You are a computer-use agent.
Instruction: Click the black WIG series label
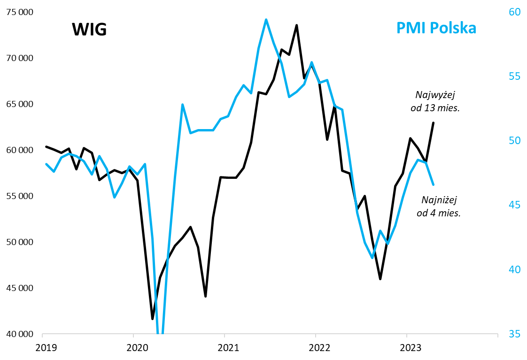[x=89, y=30]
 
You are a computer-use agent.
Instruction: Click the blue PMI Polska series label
[x=436, y=28]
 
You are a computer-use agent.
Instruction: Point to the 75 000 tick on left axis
[x=19, y=12]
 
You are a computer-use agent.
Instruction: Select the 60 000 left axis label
[x=19, y=150]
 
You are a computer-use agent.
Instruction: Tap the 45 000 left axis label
[x=19, y=288]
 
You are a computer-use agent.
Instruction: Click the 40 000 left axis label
[x=19, y=334]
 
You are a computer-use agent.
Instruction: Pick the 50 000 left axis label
[x=19, y=242]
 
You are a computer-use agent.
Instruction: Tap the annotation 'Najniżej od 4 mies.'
[x=439, y=206]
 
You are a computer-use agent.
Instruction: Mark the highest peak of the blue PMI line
[x=266, y=20]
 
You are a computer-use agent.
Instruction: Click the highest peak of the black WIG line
[x=297, y=25]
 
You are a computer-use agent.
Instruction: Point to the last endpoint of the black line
[x=433, y=123]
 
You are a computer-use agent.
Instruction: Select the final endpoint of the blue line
[x=433, y=184]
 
